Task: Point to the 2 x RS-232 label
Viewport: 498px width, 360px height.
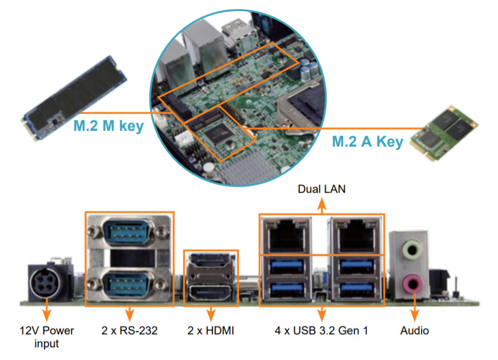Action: pos(130,331)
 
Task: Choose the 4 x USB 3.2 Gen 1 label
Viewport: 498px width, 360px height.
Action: pos(322,331)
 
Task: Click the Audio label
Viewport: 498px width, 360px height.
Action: pos(415,331)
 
